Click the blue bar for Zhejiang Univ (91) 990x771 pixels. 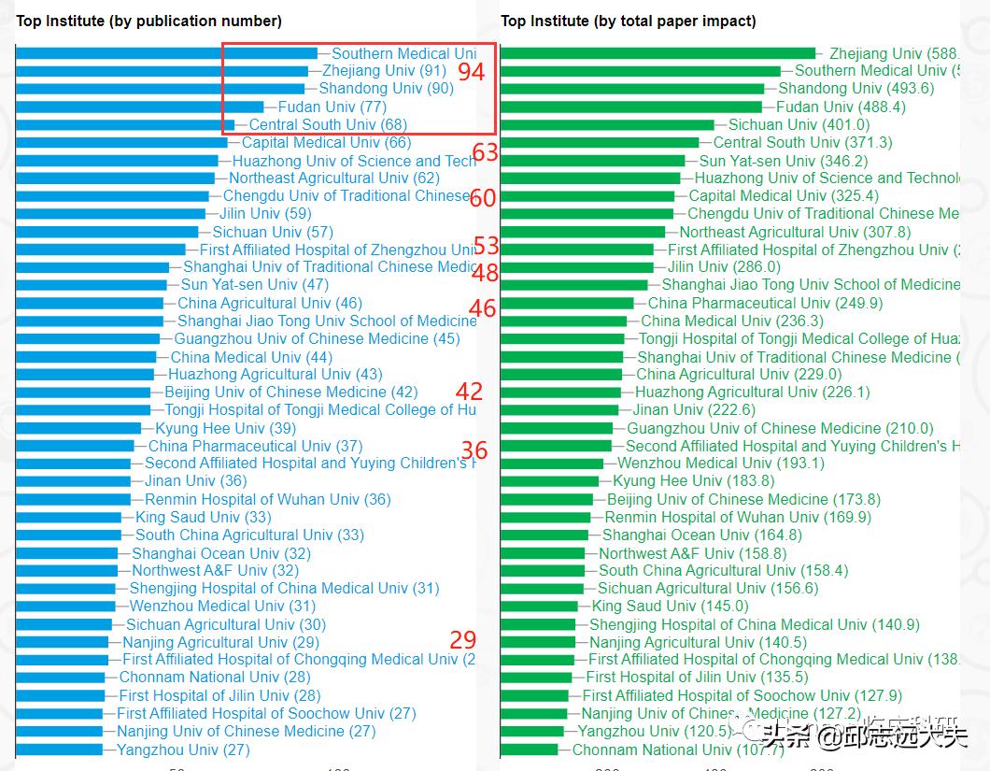pyautogui.click(x=162, y=71)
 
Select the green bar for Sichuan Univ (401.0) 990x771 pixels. pyautogui.click(x=607, y=124)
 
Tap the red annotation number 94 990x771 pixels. pyautogui.click(x=472, y=72)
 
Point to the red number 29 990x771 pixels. pyautogui.click(x=463, y=640)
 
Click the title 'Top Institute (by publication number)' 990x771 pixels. pyautogui.click(x=149, y=21)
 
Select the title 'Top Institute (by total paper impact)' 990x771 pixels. pyautogui.click(x=629, y=21)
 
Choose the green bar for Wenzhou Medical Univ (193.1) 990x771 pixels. pyautogui.click(x=551, y=464)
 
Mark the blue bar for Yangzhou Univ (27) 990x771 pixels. pyautogui.click(x=59, y=750)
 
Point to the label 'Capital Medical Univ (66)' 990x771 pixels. pyautogui.click(x=326, y=142)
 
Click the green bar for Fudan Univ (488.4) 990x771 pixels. pyautogui.click(x=631, y=107)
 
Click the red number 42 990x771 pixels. pyautogui.click(x=469, y=392)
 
